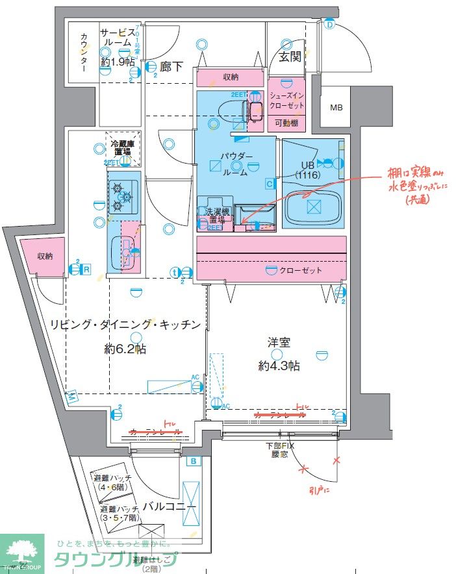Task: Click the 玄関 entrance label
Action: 290,56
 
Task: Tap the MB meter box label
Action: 337,108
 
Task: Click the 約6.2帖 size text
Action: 125,349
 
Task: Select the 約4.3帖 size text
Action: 279,366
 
